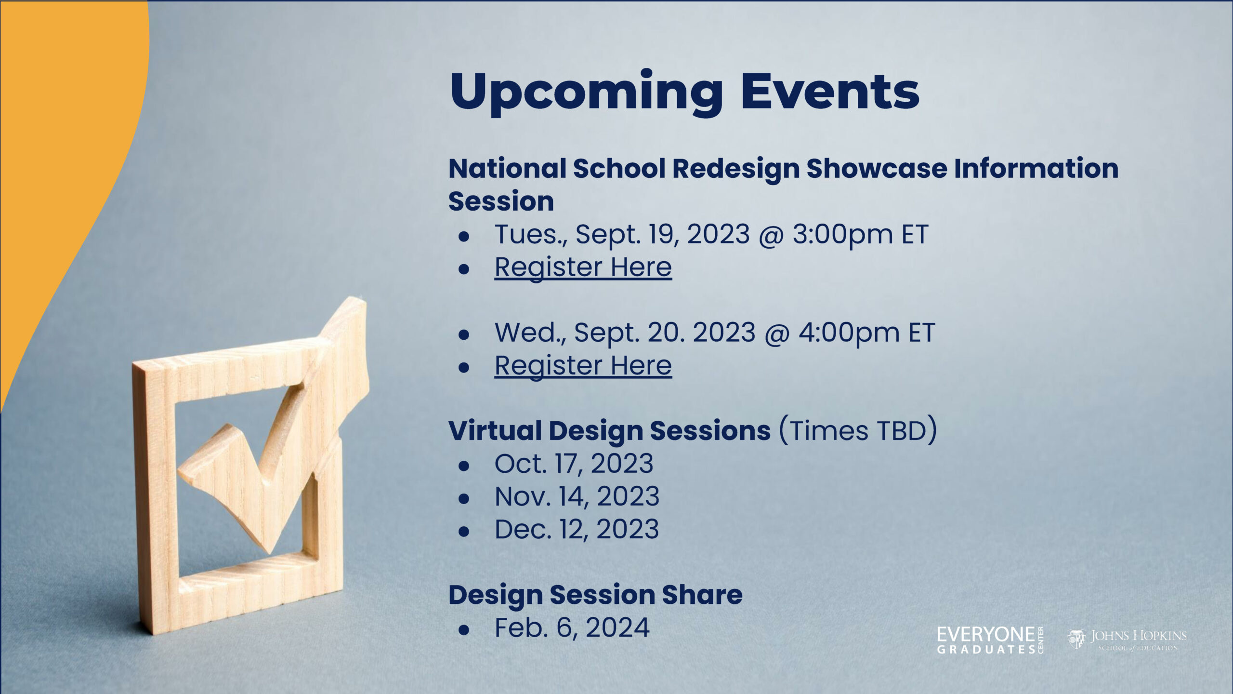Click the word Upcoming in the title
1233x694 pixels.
586,93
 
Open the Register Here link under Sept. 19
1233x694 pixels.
583,267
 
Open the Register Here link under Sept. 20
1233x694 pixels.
583,366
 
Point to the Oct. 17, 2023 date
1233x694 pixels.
574,464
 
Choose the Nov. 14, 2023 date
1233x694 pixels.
577,496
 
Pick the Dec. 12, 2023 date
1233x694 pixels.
577,529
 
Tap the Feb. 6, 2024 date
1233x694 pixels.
572,627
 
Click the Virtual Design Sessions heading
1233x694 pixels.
609,430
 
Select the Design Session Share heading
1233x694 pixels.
595,595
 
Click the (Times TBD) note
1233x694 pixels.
858,430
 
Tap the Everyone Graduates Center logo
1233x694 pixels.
990,640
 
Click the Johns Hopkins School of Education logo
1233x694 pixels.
1127,640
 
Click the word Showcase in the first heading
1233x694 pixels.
877,169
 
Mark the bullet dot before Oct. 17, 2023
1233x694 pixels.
464,465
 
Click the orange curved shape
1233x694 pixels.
63,145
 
